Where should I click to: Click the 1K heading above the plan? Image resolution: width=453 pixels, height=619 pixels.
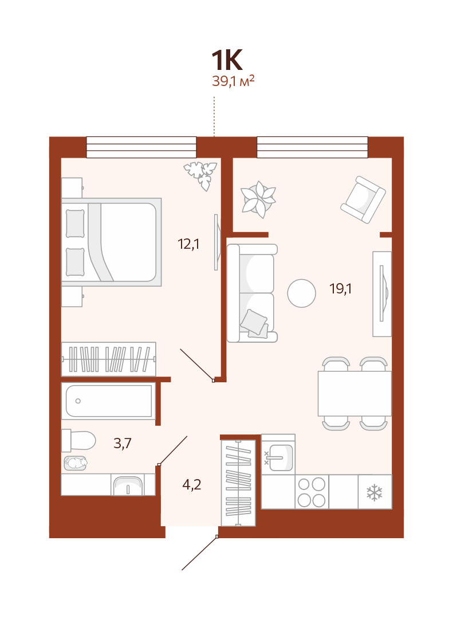point(227,60)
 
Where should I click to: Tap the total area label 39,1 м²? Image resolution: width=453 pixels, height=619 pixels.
point(233,81)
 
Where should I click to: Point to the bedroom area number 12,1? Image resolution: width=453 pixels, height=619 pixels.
point(188,244)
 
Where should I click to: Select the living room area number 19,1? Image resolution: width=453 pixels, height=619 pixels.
point(341,288)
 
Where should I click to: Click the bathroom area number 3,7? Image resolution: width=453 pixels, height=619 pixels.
point(123,443)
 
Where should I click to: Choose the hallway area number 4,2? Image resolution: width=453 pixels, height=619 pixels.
point(192,484)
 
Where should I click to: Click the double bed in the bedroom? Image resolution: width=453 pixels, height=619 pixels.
point(111,242)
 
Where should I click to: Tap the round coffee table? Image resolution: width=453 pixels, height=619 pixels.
point(301,293)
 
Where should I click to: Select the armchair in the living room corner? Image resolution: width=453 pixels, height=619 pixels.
point(363,199)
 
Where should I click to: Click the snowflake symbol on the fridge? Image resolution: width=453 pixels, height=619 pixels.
point(375,493)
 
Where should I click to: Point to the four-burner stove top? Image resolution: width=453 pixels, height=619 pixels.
point(312,492)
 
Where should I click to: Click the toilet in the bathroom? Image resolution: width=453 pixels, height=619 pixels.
point(78,440)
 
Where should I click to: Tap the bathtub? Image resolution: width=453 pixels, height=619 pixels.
point(108,401)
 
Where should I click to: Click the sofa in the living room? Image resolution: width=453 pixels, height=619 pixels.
point(252,293)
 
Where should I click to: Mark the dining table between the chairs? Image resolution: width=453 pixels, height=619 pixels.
point(354,393)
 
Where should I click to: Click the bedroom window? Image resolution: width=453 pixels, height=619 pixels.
point(141,147)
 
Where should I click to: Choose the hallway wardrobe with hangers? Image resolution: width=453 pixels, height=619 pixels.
point(238,483)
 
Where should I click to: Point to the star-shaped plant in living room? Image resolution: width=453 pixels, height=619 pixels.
point(258,199)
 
